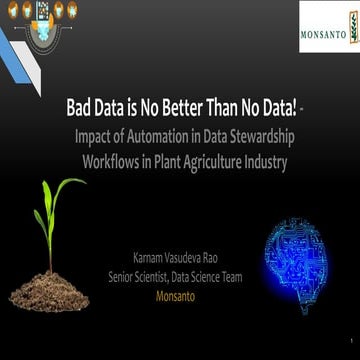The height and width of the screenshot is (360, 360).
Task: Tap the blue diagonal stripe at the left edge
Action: pyautogui.click(x=14, y=50)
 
